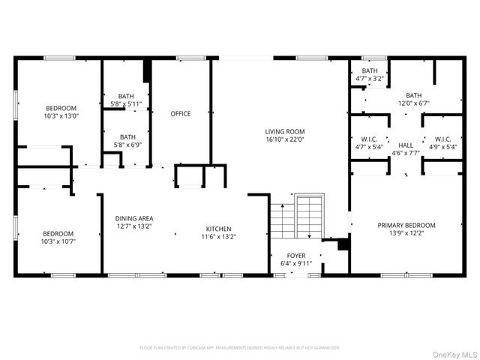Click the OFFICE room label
[x=180, y=114]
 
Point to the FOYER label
[x=296, y=256]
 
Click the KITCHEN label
[x=219, y=229]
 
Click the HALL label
[x=406, y=145]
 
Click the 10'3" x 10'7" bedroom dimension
[x=58, y=241]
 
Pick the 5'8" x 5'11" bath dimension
[x=127, y=103]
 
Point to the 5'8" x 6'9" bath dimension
[x=127, y=145]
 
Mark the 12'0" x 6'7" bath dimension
[x=413, y=103]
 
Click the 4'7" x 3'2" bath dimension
[x=369, y=78]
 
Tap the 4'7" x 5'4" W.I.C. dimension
[x=369, y=147]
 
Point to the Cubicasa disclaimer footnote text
[x=240, y=348]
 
